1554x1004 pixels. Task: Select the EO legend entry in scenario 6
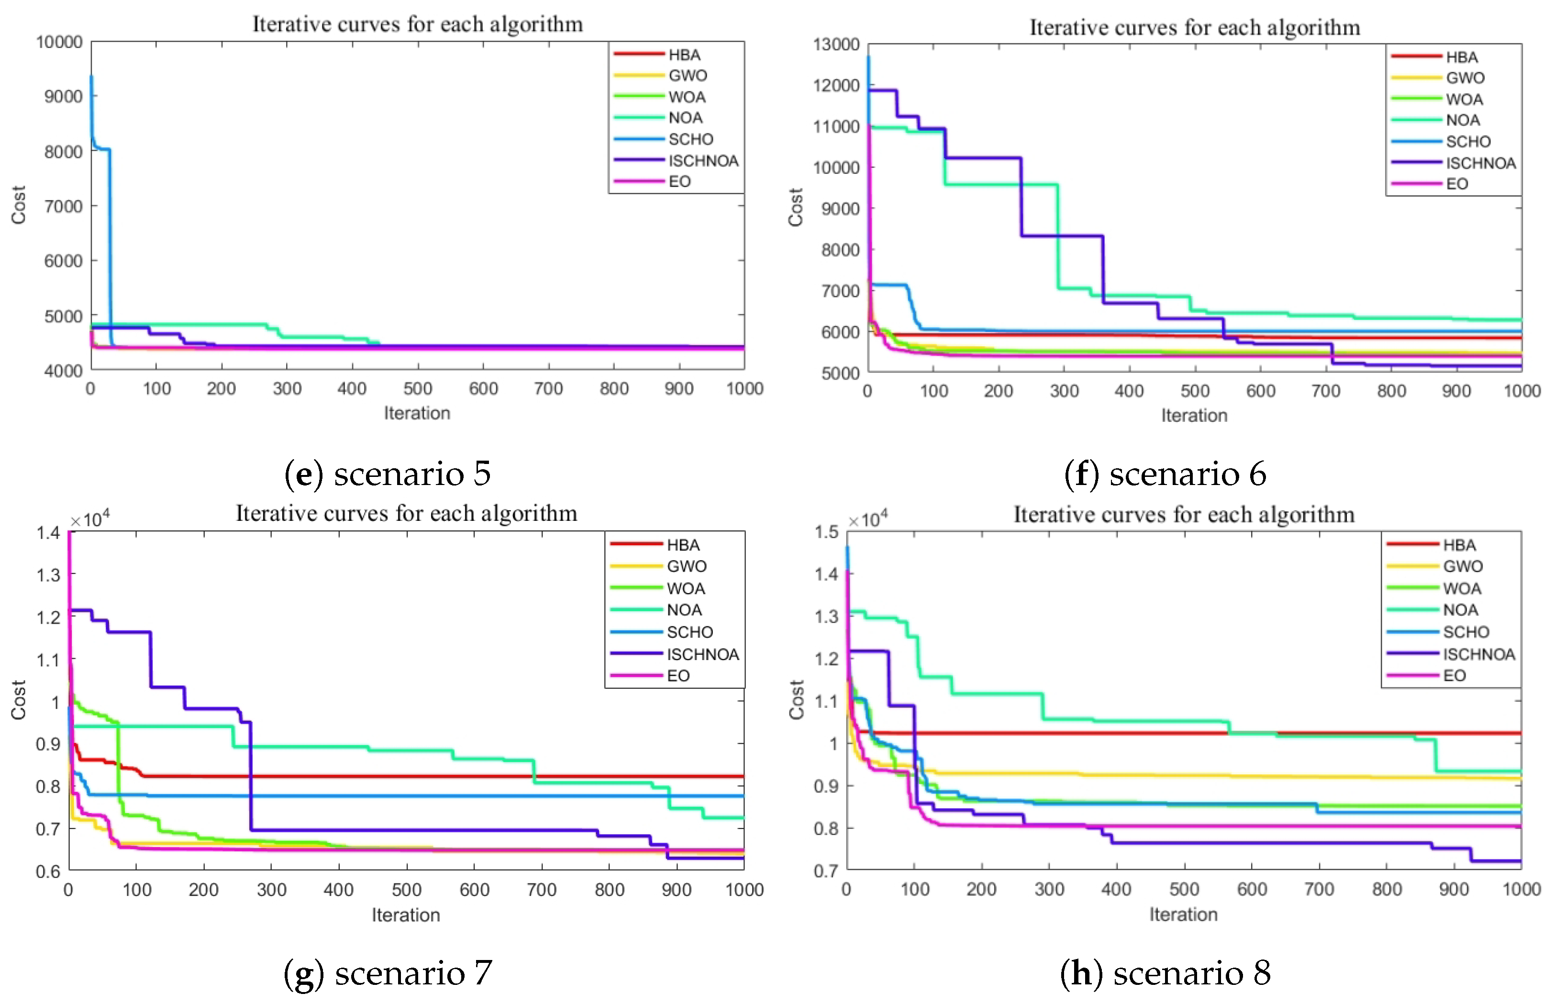pos(1456,184)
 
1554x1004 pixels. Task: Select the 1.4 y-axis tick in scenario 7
pos(48,533)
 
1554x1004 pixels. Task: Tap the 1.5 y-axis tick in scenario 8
pos(826,532)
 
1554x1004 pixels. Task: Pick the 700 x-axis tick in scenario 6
pos(1325,391)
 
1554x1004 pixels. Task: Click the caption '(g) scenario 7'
pos(388,973)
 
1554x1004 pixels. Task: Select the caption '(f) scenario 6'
pos(1165,474)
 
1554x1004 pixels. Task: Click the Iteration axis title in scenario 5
pos(417,413)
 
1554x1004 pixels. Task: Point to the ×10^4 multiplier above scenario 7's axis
pos(90,519)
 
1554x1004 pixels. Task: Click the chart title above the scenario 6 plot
pos(1194,27)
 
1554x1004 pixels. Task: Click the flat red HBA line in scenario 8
pos(1109,733)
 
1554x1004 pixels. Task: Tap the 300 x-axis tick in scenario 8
pos(1049,890)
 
